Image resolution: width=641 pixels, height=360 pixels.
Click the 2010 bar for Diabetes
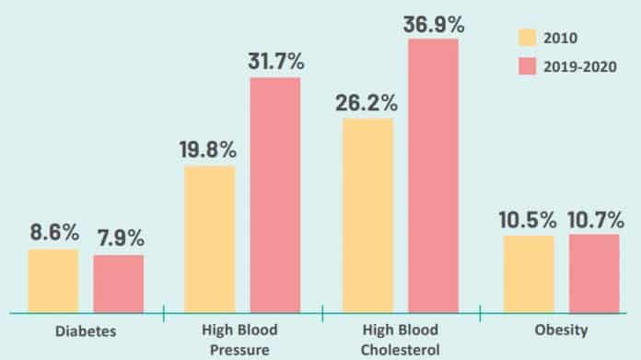53,281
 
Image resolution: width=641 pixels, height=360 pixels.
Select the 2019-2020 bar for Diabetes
119,284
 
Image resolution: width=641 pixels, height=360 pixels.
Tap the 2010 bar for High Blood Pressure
210,239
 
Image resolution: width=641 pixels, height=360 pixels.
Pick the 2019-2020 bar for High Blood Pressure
275,195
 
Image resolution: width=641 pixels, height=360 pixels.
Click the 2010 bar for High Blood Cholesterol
367,215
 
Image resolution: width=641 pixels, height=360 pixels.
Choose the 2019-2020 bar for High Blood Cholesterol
433,176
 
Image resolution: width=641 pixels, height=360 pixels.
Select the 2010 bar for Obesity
528,273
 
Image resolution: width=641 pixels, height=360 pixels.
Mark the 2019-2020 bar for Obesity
594,273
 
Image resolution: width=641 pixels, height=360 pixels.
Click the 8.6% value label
53,234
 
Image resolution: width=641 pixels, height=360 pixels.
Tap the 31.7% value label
275,63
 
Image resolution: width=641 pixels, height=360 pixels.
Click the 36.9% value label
433,24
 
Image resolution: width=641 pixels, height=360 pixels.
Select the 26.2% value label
367,103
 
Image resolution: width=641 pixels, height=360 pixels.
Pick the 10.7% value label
594,220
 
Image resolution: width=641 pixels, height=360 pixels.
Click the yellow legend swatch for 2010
527,38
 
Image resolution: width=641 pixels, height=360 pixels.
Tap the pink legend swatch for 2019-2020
527,66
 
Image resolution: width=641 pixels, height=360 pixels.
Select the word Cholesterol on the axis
401,349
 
